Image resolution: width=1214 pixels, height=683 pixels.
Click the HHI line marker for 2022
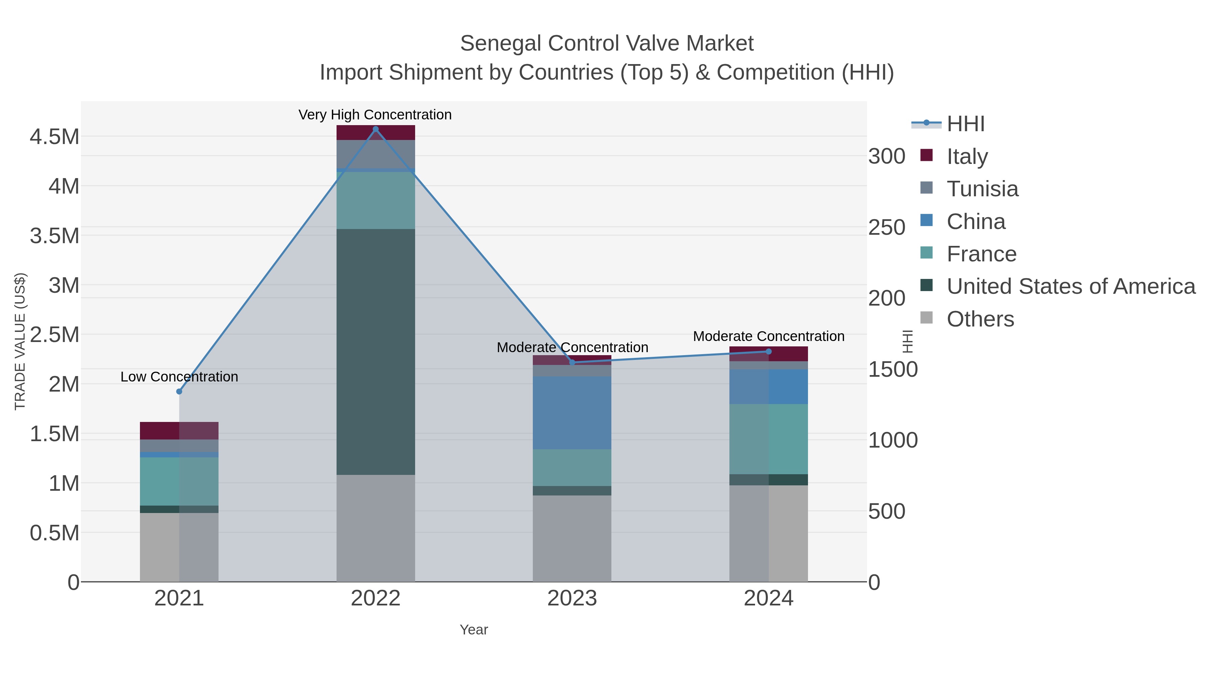[x=376, y=129]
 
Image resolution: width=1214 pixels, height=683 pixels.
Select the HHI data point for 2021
[x=179, y=391]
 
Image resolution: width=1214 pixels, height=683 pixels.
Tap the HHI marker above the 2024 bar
[x=769, y=351]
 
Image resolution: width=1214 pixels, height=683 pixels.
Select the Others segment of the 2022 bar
[x=376, y=528]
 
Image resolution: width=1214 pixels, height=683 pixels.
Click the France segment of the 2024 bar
[x=769, y=438]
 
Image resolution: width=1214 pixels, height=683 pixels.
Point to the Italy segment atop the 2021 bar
[x=179, y=430]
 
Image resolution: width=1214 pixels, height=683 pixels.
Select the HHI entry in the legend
[x=965, y=124]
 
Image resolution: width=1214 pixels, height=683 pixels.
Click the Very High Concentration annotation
[x=375, y=115]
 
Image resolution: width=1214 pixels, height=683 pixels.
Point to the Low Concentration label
[x=179, y=377]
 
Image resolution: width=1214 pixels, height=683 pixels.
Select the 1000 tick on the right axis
[x=893, y=440]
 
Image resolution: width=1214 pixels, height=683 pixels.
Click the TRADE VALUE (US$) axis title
[x=20, y=341]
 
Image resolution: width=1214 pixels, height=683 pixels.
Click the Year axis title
[x=474, y=630]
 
